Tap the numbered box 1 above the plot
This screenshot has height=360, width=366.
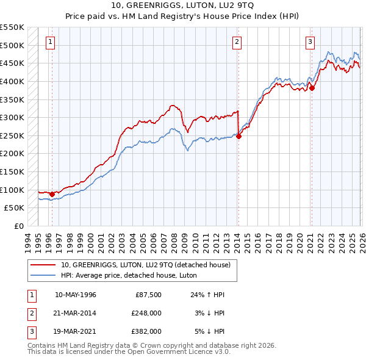(49, 42)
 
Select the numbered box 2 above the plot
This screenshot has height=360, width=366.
(236, 42)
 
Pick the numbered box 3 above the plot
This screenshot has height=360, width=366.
(310, 42)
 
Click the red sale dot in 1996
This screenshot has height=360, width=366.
(52, 194)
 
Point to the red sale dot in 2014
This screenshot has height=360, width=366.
(239, 137)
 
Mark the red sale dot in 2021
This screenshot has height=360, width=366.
(312, 88)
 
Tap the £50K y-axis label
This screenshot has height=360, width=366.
(15, 207)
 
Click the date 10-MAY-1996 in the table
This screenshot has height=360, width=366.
(76, 295)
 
